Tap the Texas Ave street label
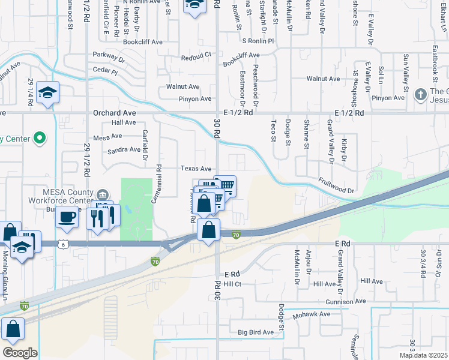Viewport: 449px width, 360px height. [x=196, y=169]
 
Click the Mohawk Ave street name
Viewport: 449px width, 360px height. [x=312, y=314]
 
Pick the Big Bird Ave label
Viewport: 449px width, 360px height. [x=256, y=332]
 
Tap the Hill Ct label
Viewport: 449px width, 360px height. [x=232, y=284]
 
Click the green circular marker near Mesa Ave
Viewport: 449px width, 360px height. [x=40, y=138]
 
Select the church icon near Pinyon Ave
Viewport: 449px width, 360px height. [x=420, y=94]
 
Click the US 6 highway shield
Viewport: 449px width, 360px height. [x=63, y=244]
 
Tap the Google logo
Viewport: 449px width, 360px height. [x=20, y=353]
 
